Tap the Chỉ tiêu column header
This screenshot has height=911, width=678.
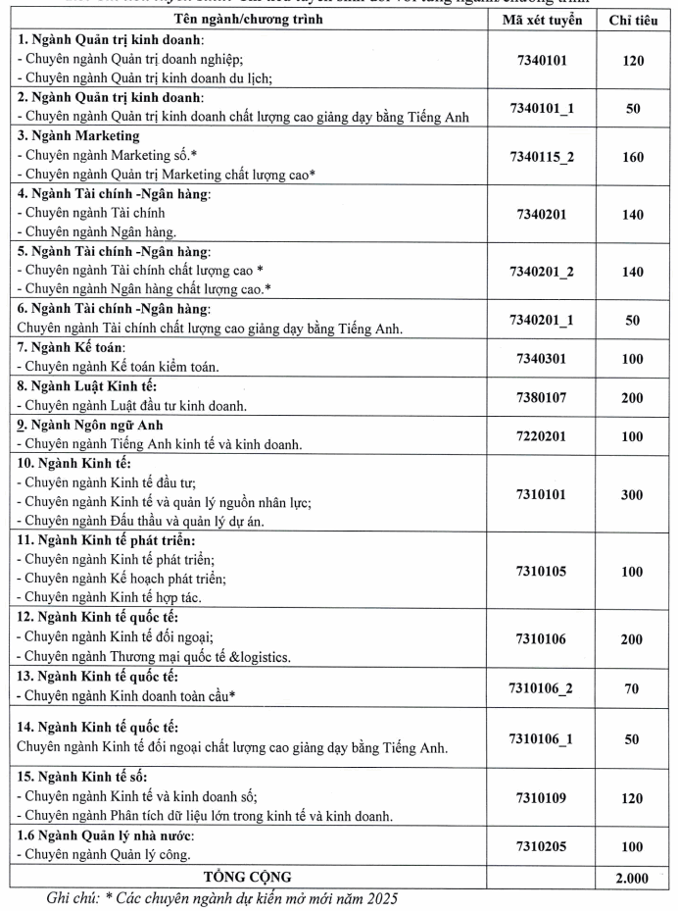click(x=632, y=20)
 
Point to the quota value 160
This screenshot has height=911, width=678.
click(x=632, y=155)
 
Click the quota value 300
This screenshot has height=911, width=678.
click(x=632, y=493)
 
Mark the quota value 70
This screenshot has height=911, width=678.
click(x=632, y=688)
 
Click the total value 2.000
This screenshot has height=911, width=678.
click(x=632, y=876)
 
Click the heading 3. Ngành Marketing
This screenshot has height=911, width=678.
click(x=78, y=136)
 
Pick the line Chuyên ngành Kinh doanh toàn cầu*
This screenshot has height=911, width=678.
click(x=131, y=697)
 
